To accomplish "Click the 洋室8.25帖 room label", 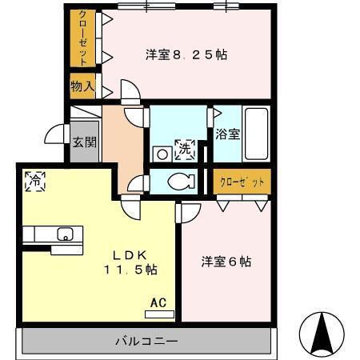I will (186, 55).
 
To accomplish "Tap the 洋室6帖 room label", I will (226, 261).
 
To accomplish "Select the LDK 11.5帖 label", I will (128, 262).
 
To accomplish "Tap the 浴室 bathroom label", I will (226, 134).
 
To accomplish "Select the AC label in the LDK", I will (158, 303).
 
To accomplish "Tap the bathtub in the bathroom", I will (257, 133).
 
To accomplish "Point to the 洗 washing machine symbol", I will (185, 147).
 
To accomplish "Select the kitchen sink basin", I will (65, 234).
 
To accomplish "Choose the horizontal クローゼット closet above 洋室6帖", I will (242, 181).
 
